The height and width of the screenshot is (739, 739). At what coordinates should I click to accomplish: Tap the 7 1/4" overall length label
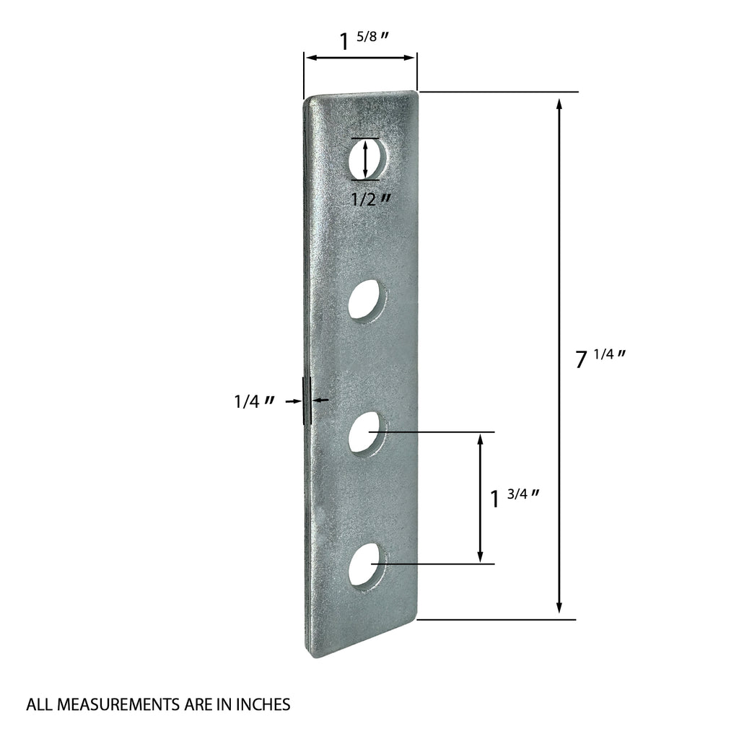[599, 357]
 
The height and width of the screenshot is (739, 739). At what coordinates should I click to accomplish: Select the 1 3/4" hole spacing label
[515, 497]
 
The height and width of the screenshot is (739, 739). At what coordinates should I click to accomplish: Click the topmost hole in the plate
[367, 159]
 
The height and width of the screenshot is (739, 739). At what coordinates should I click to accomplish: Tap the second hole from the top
[367, 300]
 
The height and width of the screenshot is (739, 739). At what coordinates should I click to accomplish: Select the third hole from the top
[367, 432]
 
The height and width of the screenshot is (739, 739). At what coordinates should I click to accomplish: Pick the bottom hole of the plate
[367, 564]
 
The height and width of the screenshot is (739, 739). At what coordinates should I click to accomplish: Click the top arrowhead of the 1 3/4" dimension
[480, 439]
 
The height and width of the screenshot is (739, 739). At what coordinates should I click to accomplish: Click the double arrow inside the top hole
[365, 159]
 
